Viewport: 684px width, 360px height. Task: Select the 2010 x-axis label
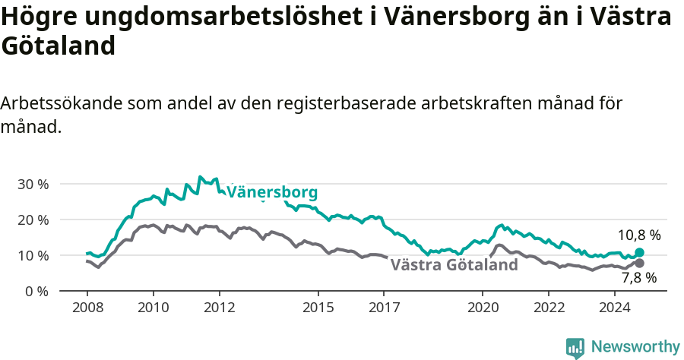[x=153, y=308]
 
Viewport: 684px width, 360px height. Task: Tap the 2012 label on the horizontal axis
[x=219, y=308]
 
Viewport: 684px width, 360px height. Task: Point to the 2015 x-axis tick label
[x=318, y=308]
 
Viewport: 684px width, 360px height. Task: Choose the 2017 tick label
[x=384, y=308]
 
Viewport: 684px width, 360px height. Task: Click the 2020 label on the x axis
[x=483, y=308]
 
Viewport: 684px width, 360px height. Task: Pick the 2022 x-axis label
[x=549, y=308]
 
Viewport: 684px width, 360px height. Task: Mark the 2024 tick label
[x=615, y=308]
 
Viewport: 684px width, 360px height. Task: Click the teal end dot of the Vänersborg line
[x=639, y=252]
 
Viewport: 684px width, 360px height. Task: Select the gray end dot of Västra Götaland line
[x=639, y=263]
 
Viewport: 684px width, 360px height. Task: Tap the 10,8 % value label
[x=639, y=235]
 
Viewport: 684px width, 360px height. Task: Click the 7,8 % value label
[x=639, y=279]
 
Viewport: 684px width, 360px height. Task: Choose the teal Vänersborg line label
[x=272, y=192]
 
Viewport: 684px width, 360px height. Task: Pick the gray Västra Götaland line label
[x=454, y=265]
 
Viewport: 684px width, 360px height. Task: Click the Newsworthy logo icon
[x=575, y=348]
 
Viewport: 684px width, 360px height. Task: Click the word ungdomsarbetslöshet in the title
[x=214, y=17]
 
